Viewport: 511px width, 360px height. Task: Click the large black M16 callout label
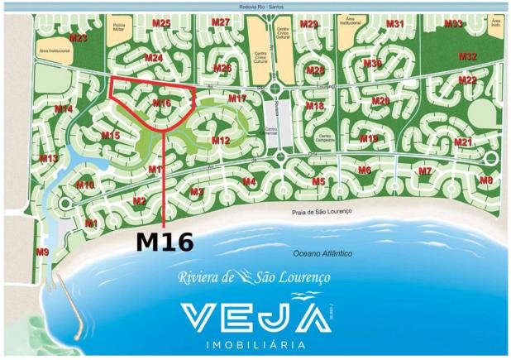pyautogui.click(x=165, y=242)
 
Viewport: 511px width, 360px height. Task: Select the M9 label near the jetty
pyautogui.click(x=42, y=251)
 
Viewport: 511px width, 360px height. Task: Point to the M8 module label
pyautogui.click(x=485, y=180)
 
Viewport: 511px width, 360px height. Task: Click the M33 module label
pyautogui.click(x=453, y=23)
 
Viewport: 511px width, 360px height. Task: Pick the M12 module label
pyautogui.click(x=220, y=141)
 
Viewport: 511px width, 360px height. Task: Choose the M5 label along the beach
pyautogui.click(x=318, y=181)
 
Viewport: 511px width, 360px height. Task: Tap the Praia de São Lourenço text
pyautogui.click(x=322, y=212)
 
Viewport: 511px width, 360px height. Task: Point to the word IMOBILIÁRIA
pyautogui.click(x=254, y=343)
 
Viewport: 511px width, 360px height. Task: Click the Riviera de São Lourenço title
pyautogui.click(x=254, y=277)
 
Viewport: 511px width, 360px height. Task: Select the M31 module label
pyautogui.click(x=395, y=24)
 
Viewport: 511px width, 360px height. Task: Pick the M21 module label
pyautogui.click(x=463, y=142)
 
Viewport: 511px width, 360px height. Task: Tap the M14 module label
pyautogui.click(x=64, y=109)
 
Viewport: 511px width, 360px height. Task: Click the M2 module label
pyautogui.click(x=139, y=201)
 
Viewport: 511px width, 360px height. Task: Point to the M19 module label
pyautogui.click(x=369, y=138)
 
